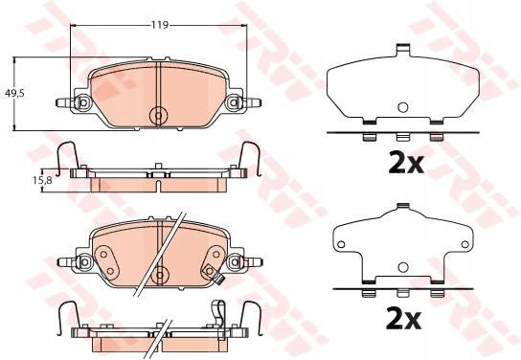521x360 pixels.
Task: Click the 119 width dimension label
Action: [x=160, y=25]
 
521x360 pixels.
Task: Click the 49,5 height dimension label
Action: [x=14, y=93]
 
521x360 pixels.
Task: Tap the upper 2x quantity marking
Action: [x=406, y=163]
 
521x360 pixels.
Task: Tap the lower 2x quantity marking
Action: [x=403, y=319]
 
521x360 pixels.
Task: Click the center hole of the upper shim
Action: [x=402, y=107]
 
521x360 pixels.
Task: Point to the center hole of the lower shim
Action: [x=402, y=267]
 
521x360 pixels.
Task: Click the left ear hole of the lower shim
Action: [x=341, y=244]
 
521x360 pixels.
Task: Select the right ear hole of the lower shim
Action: [x=465, y=244]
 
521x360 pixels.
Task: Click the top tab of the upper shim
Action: [x=403, y=50]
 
